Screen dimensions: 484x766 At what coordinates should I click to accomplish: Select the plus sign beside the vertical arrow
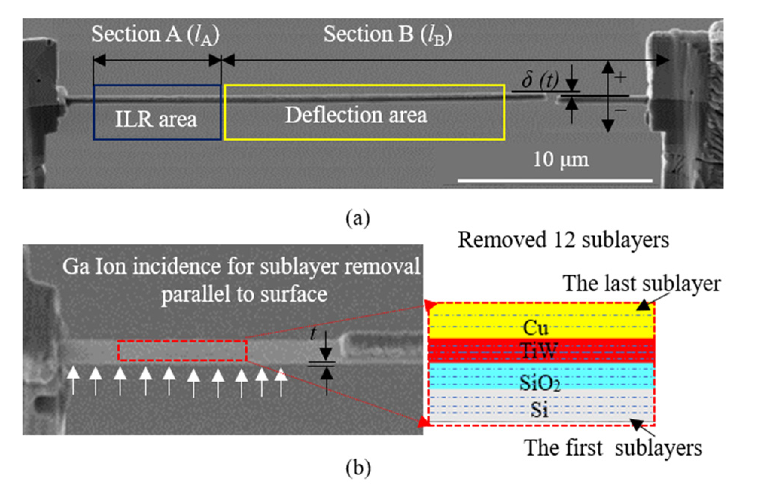point(620,77)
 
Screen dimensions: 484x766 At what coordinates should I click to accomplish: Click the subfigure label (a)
point(358,218)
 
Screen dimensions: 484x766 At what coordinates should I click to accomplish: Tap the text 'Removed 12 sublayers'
point(563,240)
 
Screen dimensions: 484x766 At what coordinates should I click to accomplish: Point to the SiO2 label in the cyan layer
point(539,383)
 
